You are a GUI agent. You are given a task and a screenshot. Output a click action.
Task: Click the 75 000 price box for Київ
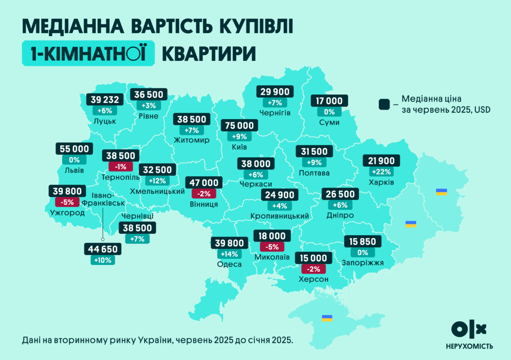point(240,125)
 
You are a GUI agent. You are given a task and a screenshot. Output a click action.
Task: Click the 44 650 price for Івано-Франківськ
point(102,249)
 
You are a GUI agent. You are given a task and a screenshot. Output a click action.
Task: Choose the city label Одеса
point(229,265)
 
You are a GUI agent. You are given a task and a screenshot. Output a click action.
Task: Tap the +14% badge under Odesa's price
point(229,254)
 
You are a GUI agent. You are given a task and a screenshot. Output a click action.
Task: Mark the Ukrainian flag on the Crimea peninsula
point(326,318)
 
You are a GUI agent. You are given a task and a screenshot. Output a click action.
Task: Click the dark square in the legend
point(384,104)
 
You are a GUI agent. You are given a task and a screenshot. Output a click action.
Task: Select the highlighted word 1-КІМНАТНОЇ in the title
point(88,53)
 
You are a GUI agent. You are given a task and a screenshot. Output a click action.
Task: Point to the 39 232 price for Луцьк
point(105,99)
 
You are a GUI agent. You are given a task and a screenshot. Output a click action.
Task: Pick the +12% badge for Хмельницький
point(157,180)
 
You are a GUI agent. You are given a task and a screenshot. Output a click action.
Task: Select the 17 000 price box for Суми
point(329,101)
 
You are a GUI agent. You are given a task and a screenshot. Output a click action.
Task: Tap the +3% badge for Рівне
point(149,105)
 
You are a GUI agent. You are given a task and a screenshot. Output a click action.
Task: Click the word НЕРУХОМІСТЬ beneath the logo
point(469,346)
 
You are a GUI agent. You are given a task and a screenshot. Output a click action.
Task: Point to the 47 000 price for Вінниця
point(204,182)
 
